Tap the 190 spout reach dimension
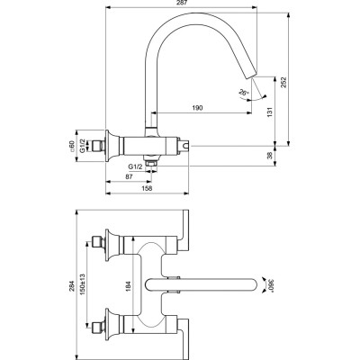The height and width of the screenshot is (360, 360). pos(195,107)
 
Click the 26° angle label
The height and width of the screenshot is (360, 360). pos(242,93)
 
